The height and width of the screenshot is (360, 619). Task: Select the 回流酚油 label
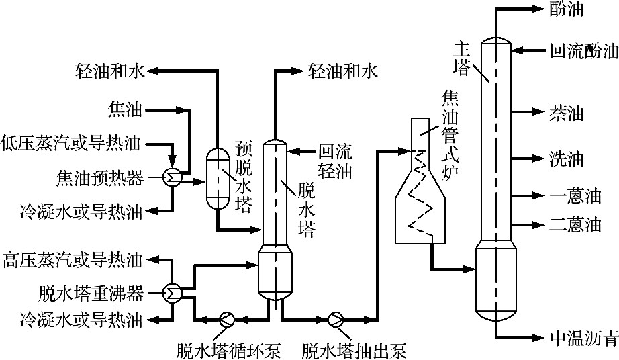[583, 50]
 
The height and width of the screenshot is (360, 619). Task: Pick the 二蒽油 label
[575, 224]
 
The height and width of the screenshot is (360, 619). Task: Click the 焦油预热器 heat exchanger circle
[170, 177]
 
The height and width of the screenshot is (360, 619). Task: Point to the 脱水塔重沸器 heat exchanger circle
[170, 292]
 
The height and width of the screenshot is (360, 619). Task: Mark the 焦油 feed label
[126, 107]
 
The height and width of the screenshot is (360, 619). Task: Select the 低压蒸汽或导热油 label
[73, 142]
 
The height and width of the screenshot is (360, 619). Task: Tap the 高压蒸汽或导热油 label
[73, 259]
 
